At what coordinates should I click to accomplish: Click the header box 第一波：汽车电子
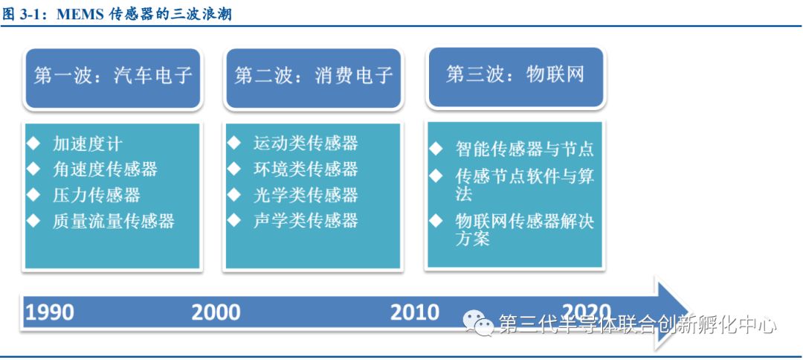(113, 78)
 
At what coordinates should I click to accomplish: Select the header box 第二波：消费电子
(314, 78)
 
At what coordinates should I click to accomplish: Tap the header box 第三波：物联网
(515, 77)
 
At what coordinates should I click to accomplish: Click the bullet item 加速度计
(88, 144)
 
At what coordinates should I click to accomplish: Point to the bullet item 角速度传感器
(105, 169)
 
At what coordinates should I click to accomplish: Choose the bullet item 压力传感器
(96, 195)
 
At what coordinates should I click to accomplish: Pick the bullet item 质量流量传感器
(114, 220)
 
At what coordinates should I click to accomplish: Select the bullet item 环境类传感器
(306, 169)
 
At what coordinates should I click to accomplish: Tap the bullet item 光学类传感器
(306, 195)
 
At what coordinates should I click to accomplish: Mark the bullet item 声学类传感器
(306, 220)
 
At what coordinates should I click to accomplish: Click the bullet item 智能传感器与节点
(524, 149)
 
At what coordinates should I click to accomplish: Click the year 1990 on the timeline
(50, 312)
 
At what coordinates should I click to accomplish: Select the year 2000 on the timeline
(216, 312)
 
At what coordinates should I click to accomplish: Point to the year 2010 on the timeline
(415, 312)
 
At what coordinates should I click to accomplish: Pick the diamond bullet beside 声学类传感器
(234, 220)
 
